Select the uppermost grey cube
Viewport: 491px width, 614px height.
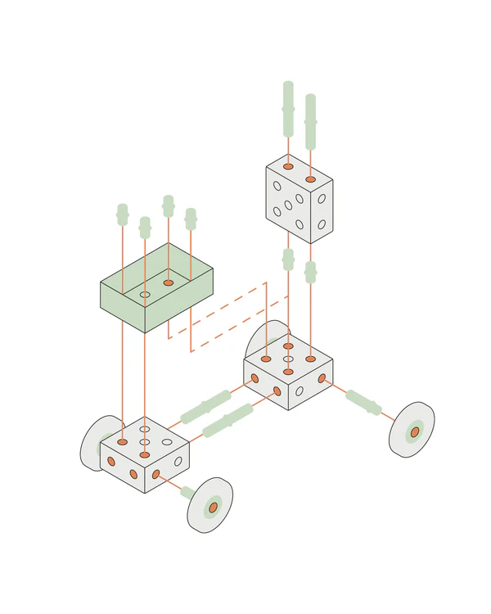coord(299,201)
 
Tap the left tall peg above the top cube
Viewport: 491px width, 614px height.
coord(288,109)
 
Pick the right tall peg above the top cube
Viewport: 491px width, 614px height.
coord(310,121)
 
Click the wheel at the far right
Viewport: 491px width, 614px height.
coord(412,429)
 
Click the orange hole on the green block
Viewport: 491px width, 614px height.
coord(169,282)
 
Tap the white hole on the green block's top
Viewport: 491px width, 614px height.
coord(145,294)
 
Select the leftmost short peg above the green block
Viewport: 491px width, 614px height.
coord(123,214)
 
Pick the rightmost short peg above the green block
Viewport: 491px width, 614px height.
coord(191,219)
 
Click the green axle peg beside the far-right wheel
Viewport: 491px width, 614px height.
coord(363,402)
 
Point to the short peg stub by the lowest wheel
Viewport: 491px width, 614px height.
coord(187,492)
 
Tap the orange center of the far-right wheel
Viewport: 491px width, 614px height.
coord(415,431)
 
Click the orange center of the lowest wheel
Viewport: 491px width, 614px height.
coord(213,507)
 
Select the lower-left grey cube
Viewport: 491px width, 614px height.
coord(145,458)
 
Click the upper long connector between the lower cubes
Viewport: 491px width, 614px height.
coord(205,406)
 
